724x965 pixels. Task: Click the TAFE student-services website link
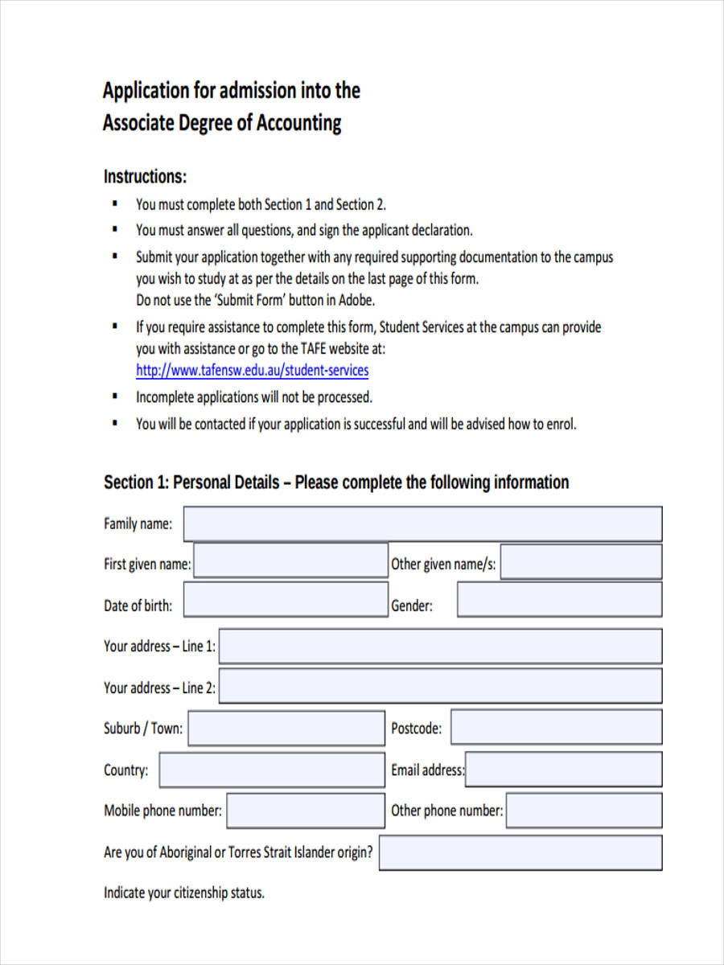tap(252, 371)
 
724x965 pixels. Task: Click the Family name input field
tap(422, 524)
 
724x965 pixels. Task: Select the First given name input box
tap(290, 561)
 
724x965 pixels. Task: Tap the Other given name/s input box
tap(581, 562)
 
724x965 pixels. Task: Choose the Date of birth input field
tap(285, 600)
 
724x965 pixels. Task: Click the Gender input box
tap(559, 600)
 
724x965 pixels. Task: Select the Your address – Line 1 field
tap(440, 647)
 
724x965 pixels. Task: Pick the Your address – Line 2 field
tap(440, 687)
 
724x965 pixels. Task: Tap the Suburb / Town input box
tap(286, 729)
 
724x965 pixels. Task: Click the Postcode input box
tap(556, 728)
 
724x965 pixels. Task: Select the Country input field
tap(271, 770)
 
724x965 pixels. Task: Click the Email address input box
tap(563, 770)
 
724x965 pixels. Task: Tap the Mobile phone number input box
tap(306, 811)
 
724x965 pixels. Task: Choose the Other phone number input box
tap(584, 811)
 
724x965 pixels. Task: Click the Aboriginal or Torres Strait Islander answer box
tap(520, 852)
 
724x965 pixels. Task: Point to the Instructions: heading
tap(145, 176)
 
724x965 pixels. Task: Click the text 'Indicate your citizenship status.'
tap(183, 893)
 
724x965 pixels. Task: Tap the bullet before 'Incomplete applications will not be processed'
tap(115, 396)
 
